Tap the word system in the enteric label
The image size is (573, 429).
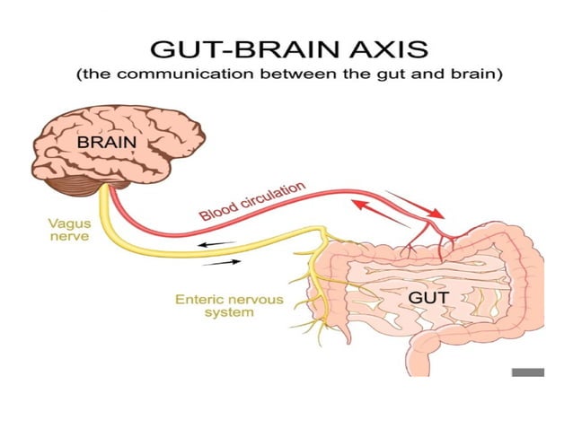228,313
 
